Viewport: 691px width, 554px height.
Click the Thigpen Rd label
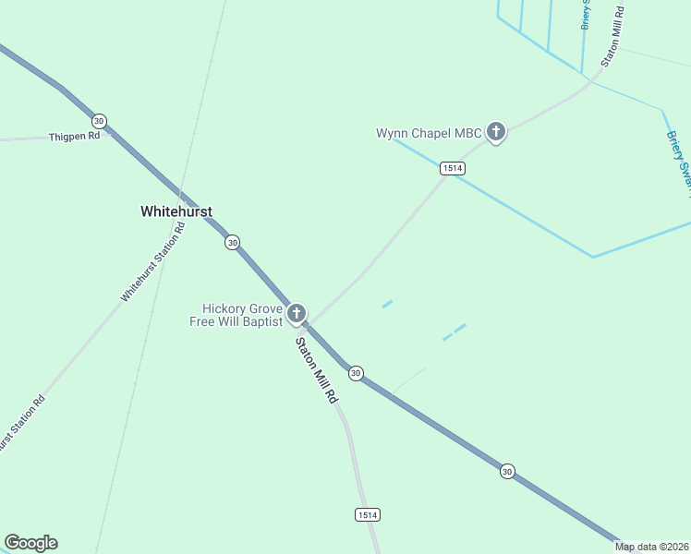coord(74,137)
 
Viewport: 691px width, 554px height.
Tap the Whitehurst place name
coord(176,211)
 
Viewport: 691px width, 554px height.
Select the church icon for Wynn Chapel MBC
coord(496,132)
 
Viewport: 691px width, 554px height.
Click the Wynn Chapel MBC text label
coord(429,133)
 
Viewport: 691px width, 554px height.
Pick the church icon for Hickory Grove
coord(297,314)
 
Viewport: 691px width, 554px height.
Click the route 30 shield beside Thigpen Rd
coord(99,121)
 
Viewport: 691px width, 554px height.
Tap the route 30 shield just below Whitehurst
coord(232,242)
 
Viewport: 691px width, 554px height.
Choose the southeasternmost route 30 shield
coord(507,471)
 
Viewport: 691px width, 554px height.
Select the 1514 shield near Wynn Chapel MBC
coord(452,168)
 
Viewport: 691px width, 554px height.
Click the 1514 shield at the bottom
coord(367,514)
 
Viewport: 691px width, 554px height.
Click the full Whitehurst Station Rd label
coord(153,261)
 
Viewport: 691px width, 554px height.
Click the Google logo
coord(30,543)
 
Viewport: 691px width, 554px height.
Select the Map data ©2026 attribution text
coord(652,547)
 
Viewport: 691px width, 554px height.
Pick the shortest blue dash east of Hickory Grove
coord(387,303)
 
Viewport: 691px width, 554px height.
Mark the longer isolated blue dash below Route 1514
coord(455,331)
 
